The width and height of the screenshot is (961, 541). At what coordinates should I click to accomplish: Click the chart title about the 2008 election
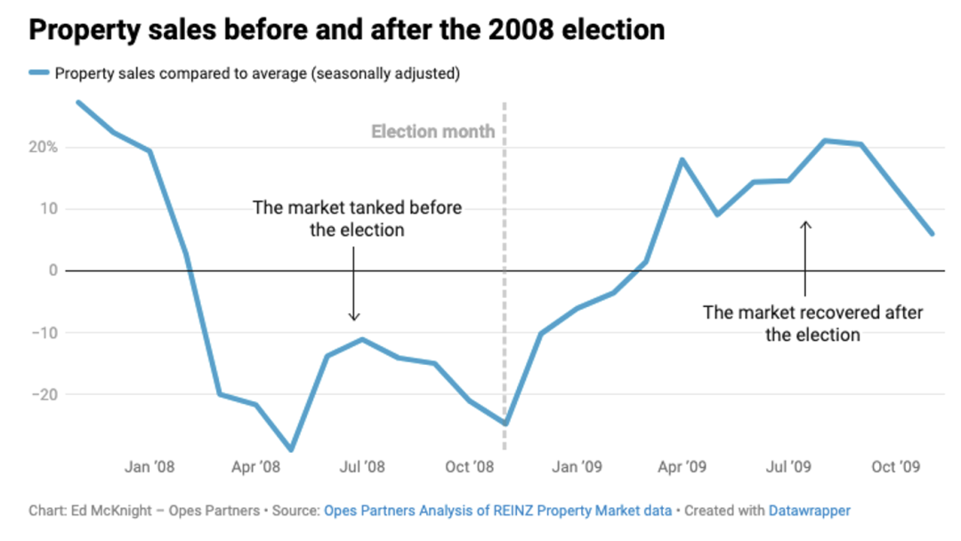(x=347, y=30)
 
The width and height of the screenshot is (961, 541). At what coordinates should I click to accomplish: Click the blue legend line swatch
(x=39, y=73)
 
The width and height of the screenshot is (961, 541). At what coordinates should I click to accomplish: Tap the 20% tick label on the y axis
(x=43, y=147)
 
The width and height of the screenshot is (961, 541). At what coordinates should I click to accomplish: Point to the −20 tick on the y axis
(x=44, y=394)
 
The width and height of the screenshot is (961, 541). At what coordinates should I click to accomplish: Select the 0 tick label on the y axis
(x=53, y=270)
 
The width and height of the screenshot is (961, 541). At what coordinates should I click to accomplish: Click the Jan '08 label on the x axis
(x=149, y=467)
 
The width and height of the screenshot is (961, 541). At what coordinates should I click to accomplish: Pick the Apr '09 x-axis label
(x=682, y=467)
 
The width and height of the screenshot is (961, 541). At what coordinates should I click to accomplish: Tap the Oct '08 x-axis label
(x=470, y=467)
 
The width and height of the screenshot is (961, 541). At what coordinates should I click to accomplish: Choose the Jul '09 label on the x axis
(x=788, y=467)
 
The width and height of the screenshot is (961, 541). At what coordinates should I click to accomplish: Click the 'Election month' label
(x=432, y=131)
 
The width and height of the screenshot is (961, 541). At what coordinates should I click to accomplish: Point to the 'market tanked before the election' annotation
(x=357, y=219)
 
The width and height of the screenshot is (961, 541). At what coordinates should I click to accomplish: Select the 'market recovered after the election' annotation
(x=812, y=324)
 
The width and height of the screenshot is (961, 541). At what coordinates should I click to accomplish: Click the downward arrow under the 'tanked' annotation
(x=353, y=284)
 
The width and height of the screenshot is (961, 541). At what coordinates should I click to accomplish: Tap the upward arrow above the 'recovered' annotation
(x=805, y=259)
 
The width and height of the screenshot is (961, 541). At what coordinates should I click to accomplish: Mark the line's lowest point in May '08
(x=291, y=449)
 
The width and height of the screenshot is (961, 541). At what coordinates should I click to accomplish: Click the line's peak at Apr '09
(x=682, y=160)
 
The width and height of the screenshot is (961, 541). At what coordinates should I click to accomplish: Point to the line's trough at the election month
(x=505, y=424)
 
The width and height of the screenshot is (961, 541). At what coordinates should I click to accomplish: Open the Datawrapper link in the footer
(x=810, y=511)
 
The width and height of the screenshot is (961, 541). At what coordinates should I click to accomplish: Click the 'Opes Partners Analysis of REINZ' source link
(x=497, y=511)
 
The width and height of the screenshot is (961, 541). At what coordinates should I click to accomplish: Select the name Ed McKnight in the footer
(x=111, y=511)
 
